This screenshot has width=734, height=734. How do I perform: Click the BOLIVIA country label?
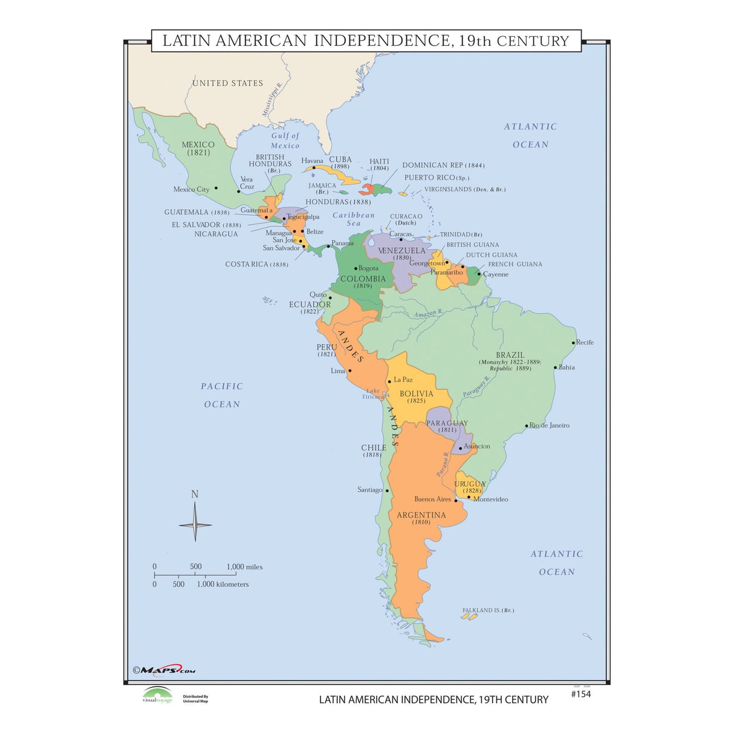click(416, 394)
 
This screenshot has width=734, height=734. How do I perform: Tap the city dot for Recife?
click(574, 343)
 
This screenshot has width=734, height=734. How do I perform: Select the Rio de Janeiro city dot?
click(527, 426)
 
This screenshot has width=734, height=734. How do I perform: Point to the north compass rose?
click(195, 524)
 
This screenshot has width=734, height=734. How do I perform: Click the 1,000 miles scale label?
click(244, 567)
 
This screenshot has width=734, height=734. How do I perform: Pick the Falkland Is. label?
click(488, 610)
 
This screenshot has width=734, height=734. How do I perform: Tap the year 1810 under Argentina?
click(421, 522)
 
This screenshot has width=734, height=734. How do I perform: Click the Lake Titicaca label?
click(373, 394)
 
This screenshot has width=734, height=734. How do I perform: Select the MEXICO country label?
click(198, 145)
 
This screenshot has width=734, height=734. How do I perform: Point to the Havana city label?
click(312, 161)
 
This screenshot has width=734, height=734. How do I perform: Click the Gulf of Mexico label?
click(285, 140)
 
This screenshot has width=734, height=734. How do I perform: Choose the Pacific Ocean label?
click(222, 395)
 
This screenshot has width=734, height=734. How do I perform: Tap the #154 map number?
click(580, 694)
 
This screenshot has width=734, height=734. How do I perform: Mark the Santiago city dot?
click(387, 490)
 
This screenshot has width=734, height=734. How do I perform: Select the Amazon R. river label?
click(427, 313)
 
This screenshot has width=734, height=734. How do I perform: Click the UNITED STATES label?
click(227, 83)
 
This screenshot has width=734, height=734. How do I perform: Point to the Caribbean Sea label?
click(354, 219)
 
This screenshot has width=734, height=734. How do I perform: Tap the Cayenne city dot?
click(479, 274)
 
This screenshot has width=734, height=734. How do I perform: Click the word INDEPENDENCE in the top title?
click(382, 41)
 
